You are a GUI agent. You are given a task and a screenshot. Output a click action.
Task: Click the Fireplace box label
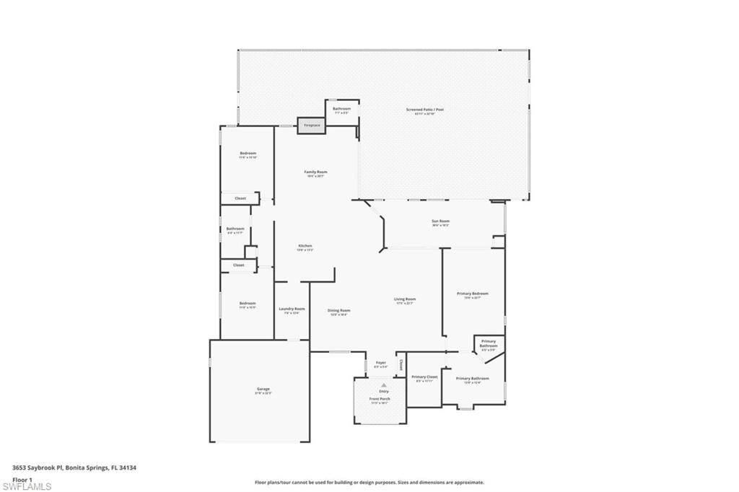[312, 125]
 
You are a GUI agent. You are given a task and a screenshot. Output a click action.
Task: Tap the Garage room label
[263, 389]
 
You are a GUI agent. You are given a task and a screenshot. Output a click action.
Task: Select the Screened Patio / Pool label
[424, 110]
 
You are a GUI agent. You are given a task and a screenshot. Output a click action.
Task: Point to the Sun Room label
[440, 221]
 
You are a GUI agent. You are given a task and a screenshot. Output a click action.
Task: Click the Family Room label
[315, 172]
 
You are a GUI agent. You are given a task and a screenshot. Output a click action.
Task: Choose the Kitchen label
[305, 246]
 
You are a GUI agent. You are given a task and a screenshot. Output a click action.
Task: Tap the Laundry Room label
[292, 309]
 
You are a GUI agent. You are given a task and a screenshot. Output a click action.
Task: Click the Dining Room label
[339, 311]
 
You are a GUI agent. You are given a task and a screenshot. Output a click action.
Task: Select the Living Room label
[404, 299]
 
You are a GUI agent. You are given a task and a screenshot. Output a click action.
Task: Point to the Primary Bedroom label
[473, 294]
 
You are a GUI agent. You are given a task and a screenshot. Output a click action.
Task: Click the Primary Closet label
[424, 377]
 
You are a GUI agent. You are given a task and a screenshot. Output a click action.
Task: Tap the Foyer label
[380, 362]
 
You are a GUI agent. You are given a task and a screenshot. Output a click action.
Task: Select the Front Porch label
[380, 398]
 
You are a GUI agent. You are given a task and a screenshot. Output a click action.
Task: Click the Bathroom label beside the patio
[341, 109]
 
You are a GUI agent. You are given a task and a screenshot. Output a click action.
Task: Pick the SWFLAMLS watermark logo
[27, 486]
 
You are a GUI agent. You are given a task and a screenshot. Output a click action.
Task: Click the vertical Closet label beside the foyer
[401, 364]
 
